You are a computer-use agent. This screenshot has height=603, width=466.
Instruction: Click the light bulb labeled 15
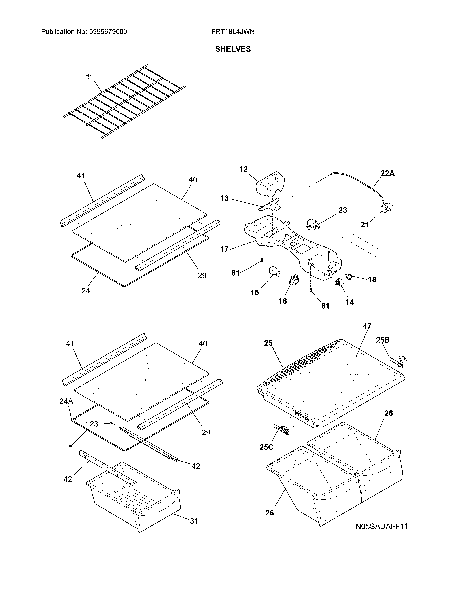point(275,271)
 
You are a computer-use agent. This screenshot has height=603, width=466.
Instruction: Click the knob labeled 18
point(350,276)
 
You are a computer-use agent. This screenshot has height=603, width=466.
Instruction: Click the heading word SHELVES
point(233,49)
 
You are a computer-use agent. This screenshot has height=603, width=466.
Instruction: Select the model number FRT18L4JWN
point(233,32)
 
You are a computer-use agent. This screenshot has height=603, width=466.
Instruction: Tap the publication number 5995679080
point(108,32)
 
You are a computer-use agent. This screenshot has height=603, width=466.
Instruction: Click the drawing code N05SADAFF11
point(381,526)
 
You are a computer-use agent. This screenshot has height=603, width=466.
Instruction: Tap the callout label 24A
point(66,401)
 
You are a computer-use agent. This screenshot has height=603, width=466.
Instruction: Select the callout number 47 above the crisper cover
point(367,326)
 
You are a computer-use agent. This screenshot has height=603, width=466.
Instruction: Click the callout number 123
point(92,424)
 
